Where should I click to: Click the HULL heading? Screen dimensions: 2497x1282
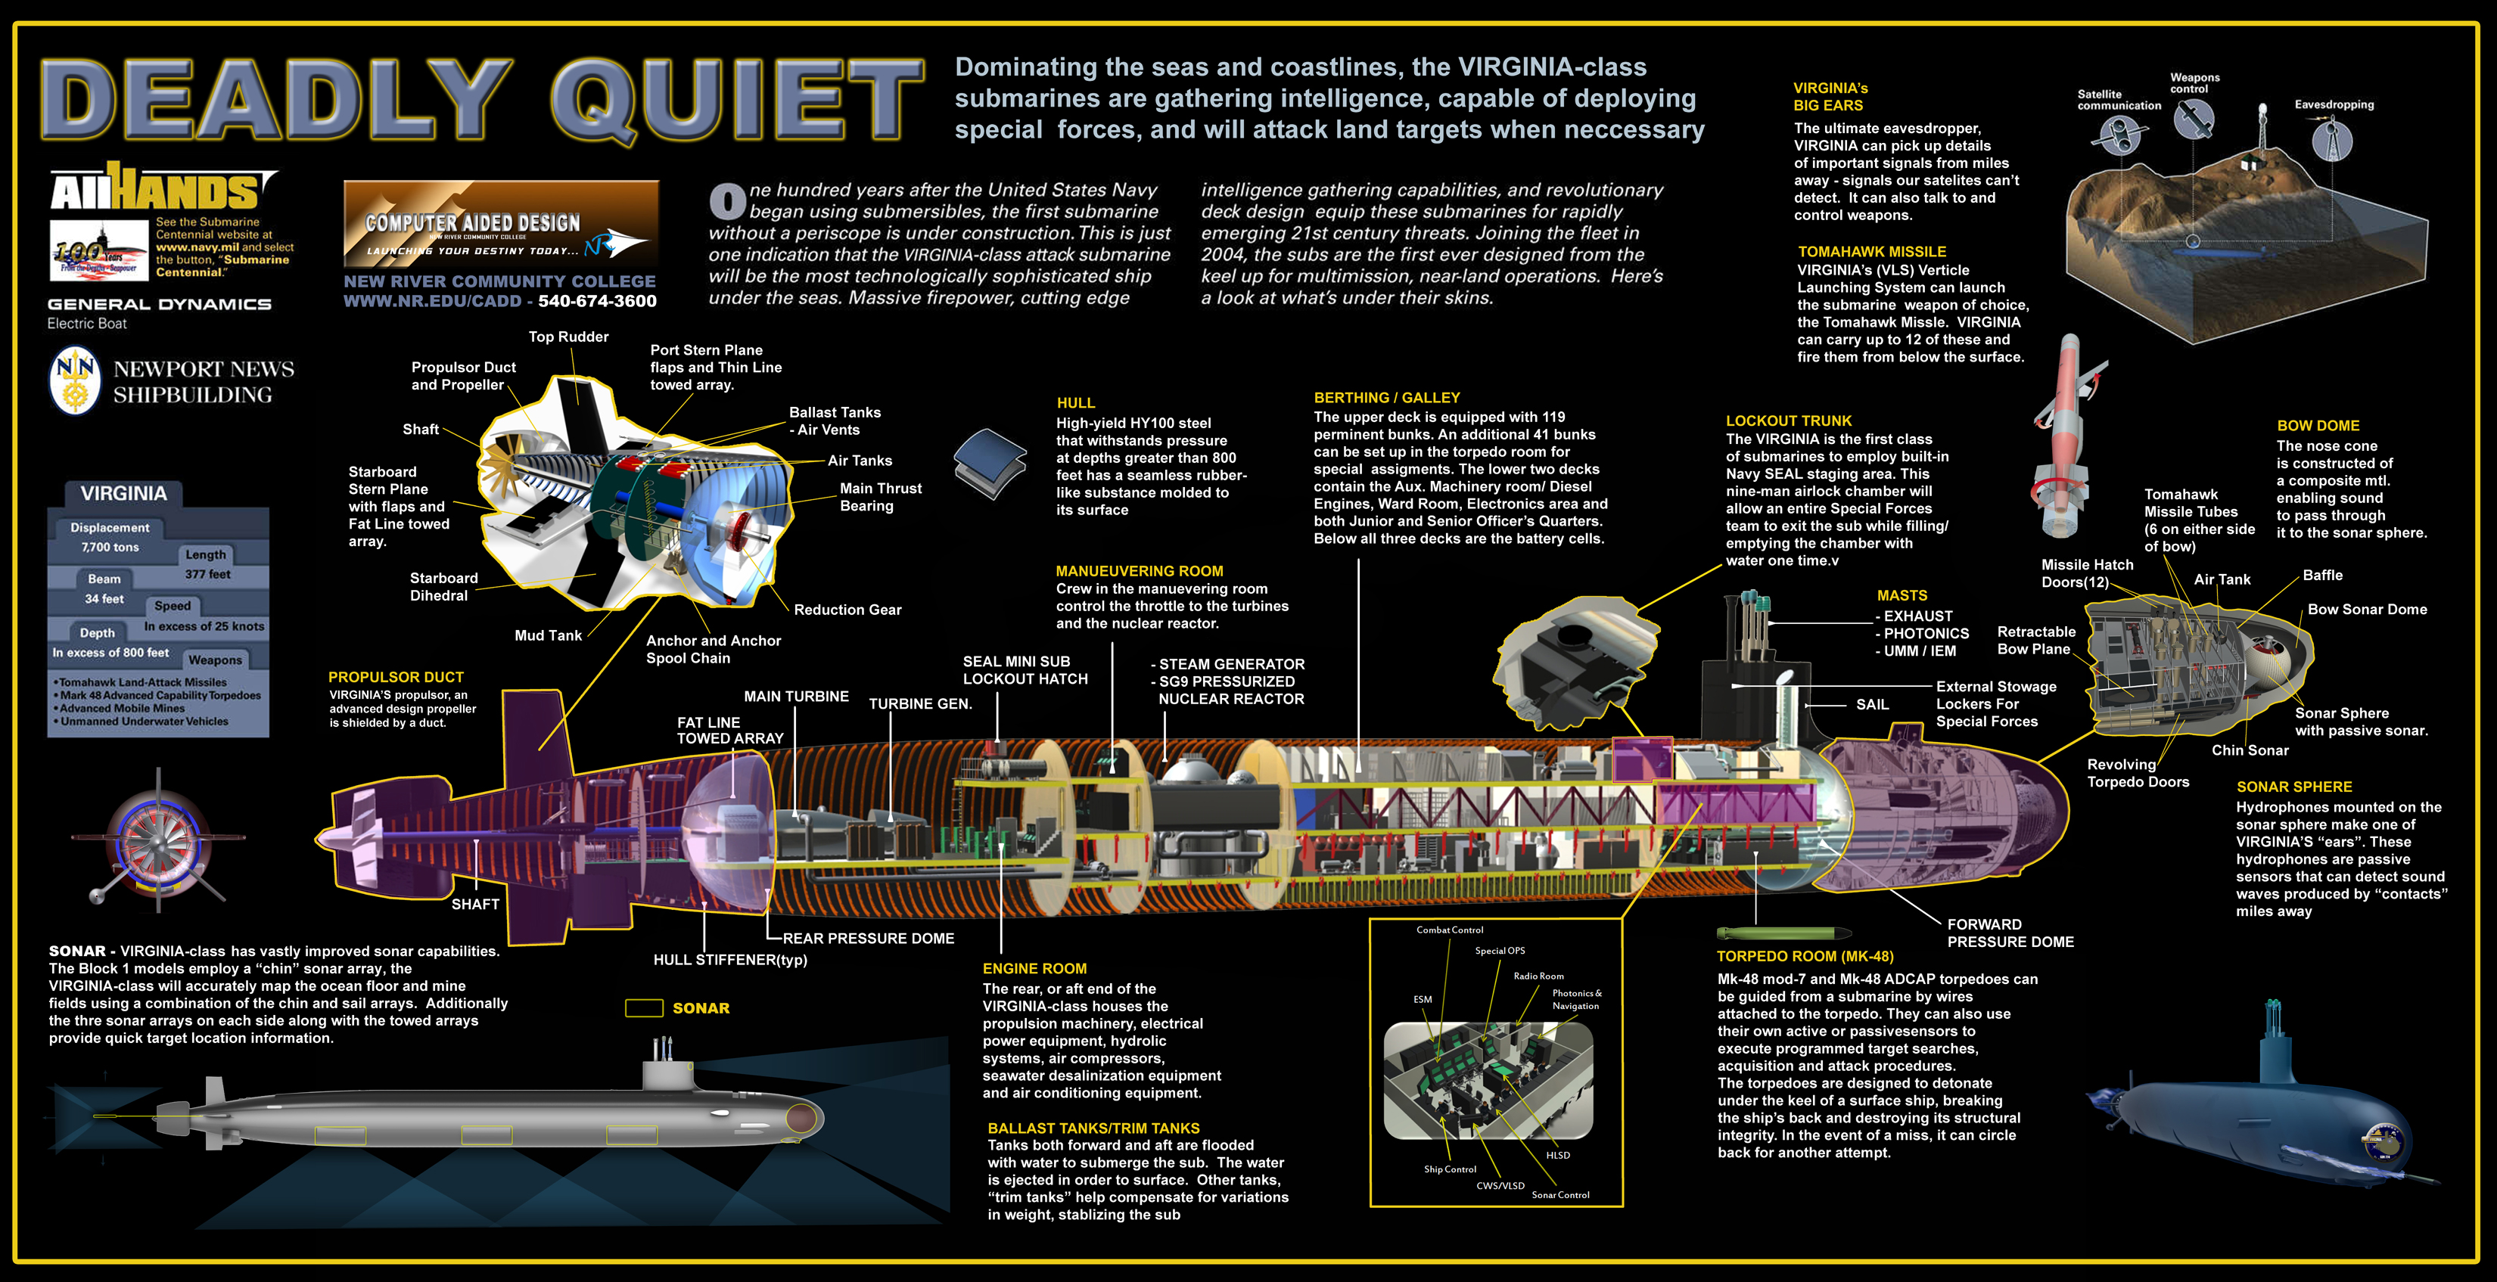tap(1075, 403)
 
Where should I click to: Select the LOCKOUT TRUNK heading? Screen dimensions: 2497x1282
tap(1789, 421)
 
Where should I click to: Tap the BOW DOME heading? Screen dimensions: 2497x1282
tap(2318, 425)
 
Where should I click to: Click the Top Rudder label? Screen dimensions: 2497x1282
tap(568, 337)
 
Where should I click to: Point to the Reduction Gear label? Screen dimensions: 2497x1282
tap(847, 610)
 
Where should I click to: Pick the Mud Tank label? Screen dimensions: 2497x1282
tap(548, 635)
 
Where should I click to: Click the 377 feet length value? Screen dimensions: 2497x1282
tap(207, 575)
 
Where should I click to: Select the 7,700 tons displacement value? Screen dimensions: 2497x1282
tap(110, 548)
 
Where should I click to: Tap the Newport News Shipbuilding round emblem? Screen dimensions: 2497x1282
tap(75, 381)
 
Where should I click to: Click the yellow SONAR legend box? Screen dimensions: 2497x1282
tap(644, 1007)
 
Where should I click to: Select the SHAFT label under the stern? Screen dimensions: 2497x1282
tap(475, 904)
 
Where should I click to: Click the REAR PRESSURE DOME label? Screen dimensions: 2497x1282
tap(869, 938)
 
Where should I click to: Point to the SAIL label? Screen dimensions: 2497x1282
tap(1872, 704)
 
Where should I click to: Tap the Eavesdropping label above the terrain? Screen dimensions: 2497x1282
tap(2334, 104)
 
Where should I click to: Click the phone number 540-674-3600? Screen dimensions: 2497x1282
tap(597, 301)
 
